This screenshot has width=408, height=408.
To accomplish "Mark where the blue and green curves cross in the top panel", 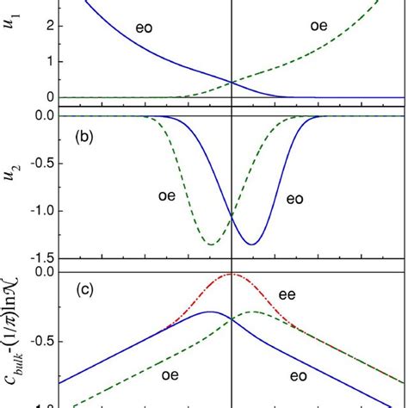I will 232,83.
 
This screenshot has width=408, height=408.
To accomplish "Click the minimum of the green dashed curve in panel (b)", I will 212,244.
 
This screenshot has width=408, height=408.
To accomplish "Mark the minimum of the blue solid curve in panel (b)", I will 251,244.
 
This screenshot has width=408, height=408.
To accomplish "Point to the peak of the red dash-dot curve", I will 232,274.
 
